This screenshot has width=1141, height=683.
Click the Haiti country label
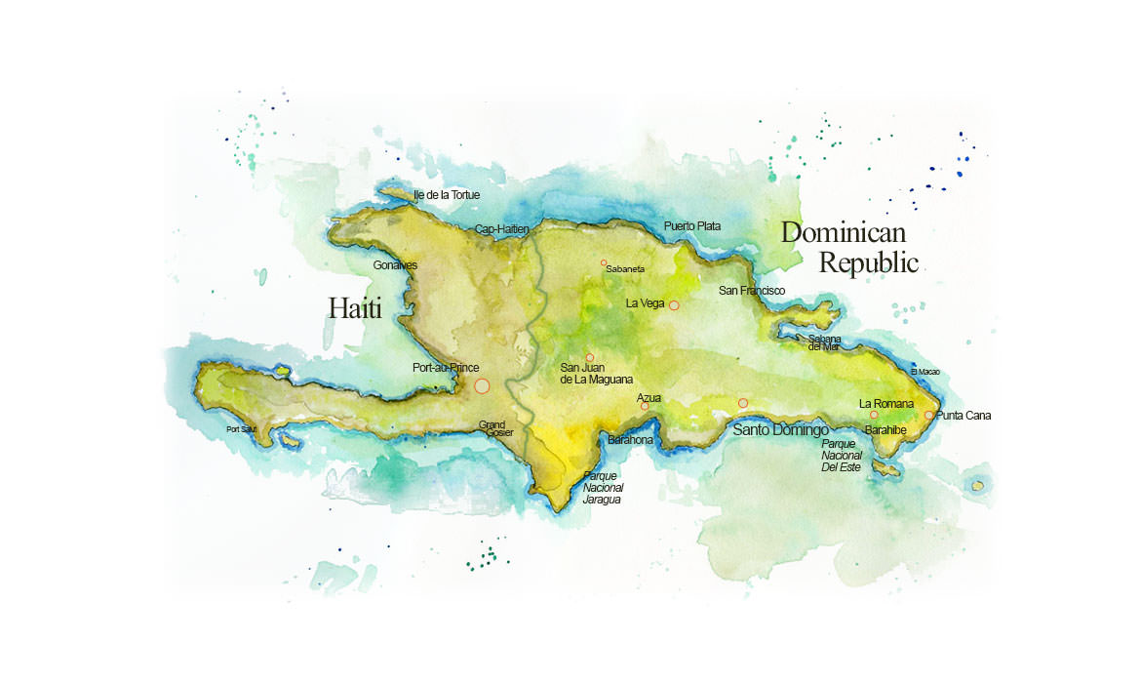355,309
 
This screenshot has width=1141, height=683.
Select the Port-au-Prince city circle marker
482,386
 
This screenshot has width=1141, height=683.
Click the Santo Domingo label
780,430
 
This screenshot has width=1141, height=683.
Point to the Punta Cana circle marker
928,415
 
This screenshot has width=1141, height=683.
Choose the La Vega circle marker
674,305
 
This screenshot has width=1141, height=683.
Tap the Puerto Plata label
692,226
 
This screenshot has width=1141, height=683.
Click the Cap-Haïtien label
501,229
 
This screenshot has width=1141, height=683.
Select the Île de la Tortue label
447,195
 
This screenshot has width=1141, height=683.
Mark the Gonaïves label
395,265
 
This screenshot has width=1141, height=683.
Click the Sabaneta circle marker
604,262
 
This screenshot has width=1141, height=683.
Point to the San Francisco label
751,291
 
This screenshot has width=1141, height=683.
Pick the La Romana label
885,404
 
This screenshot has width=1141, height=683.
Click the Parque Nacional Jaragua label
603,487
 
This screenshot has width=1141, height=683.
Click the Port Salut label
241,429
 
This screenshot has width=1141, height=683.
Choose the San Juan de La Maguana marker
590,358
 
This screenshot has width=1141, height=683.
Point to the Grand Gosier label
495,428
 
